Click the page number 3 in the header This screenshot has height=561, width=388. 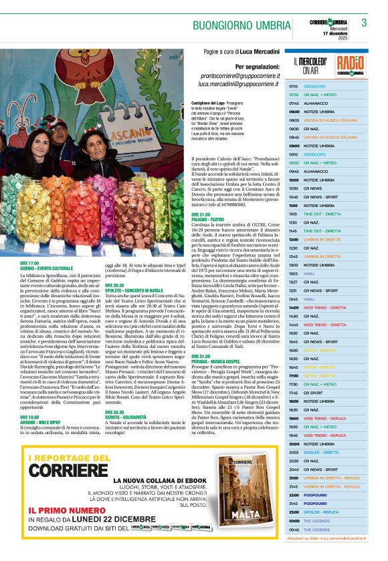click(x=364, y=22)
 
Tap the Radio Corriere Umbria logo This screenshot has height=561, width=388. click(x=351, y=65)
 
